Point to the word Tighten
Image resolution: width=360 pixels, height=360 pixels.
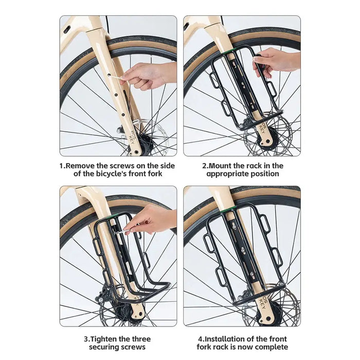[106, 339]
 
